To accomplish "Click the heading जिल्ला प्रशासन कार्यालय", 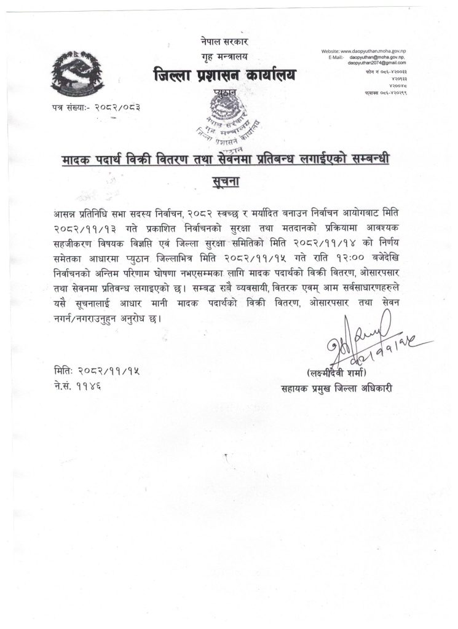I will pyautogui.click(x=224, y=76).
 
